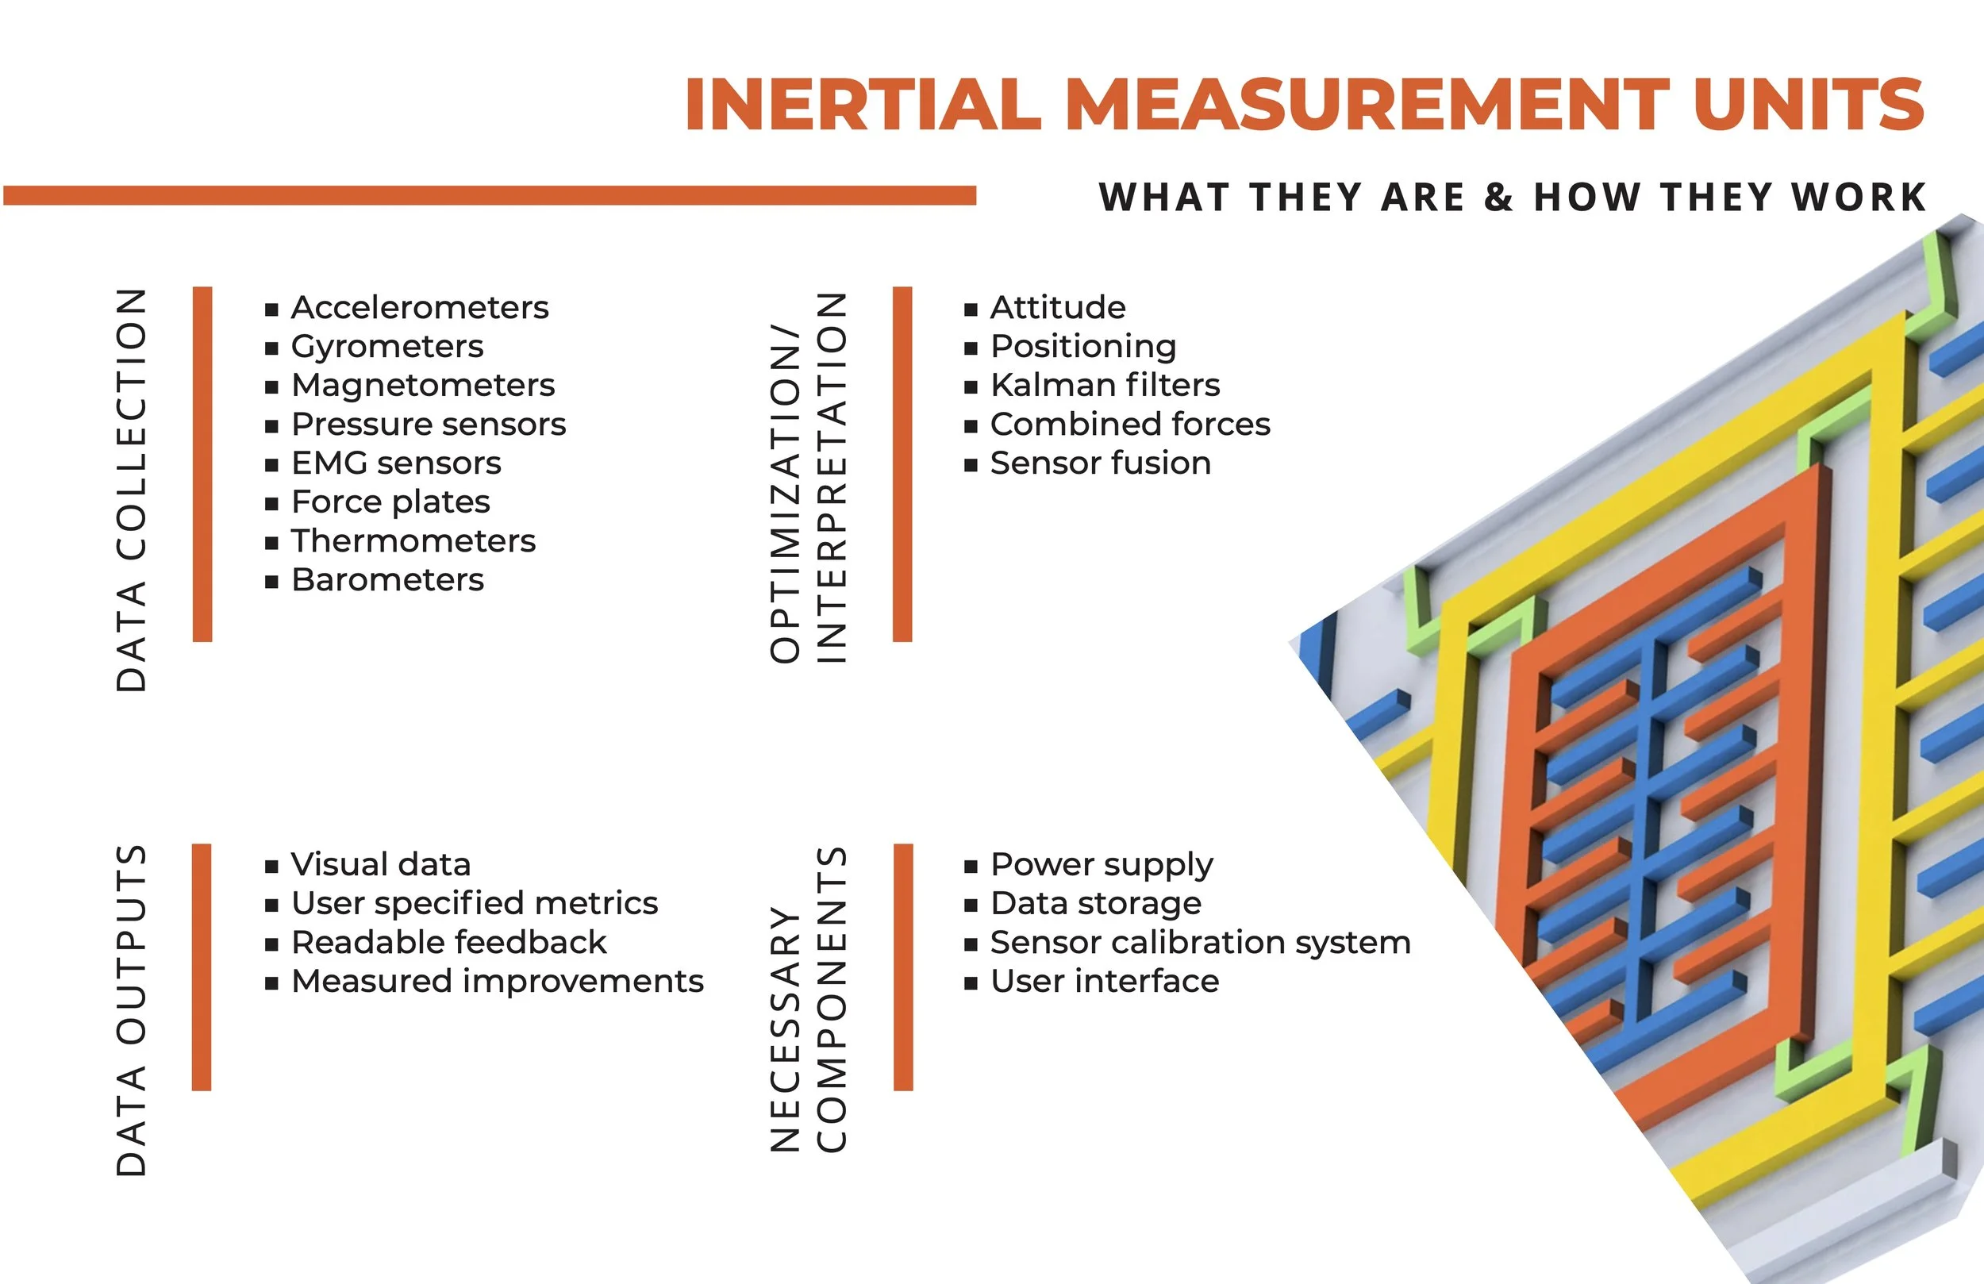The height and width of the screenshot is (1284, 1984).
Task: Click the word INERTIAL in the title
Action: tap(863, 104)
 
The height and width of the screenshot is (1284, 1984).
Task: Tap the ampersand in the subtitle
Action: tap(1499, 198)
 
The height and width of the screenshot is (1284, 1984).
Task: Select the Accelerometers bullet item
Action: tap(419, 308)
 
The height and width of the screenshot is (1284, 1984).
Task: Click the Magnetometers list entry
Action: tap(423, 385)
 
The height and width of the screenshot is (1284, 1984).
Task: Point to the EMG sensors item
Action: tap(396, 463)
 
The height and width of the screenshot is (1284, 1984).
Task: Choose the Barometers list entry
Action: tap(387, 579)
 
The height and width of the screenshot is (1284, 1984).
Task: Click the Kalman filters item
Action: tap(1105, 385)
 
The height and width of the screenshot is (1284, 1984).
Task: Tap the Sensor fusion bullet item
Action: tap(1101, 463)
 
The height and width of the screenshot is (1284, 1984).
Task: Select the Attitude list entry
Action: tap(1058, 308)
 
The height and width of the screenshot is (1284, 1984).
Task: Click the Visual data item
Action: tap(381, 865)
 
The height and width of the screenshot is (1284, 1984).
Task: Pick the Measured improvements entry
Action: tap(498, 982)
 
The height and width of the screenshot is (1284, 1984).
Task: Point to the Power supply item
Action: tap(1102, 865)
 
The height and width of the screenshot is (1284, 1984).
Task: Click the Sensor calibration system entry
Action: tap(1201, 942)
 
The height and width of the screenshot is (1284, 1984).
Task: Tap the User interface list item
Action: tap(1105, 982)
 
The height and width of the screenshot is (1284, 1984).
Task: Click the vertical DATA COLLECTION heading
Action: tap(131, 490)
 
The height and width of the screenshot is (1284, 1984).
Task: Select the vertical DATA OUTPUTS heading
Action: tap(131, 1010)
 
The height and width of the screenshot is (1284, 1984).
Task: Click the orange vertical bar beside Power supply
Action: tap(903, 967)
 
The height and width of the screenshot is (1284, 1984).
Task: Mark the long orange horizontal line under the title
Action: tap(490, 196)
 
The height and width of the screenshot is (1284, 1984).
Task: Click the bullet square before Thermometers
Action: tap(271, 543)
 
